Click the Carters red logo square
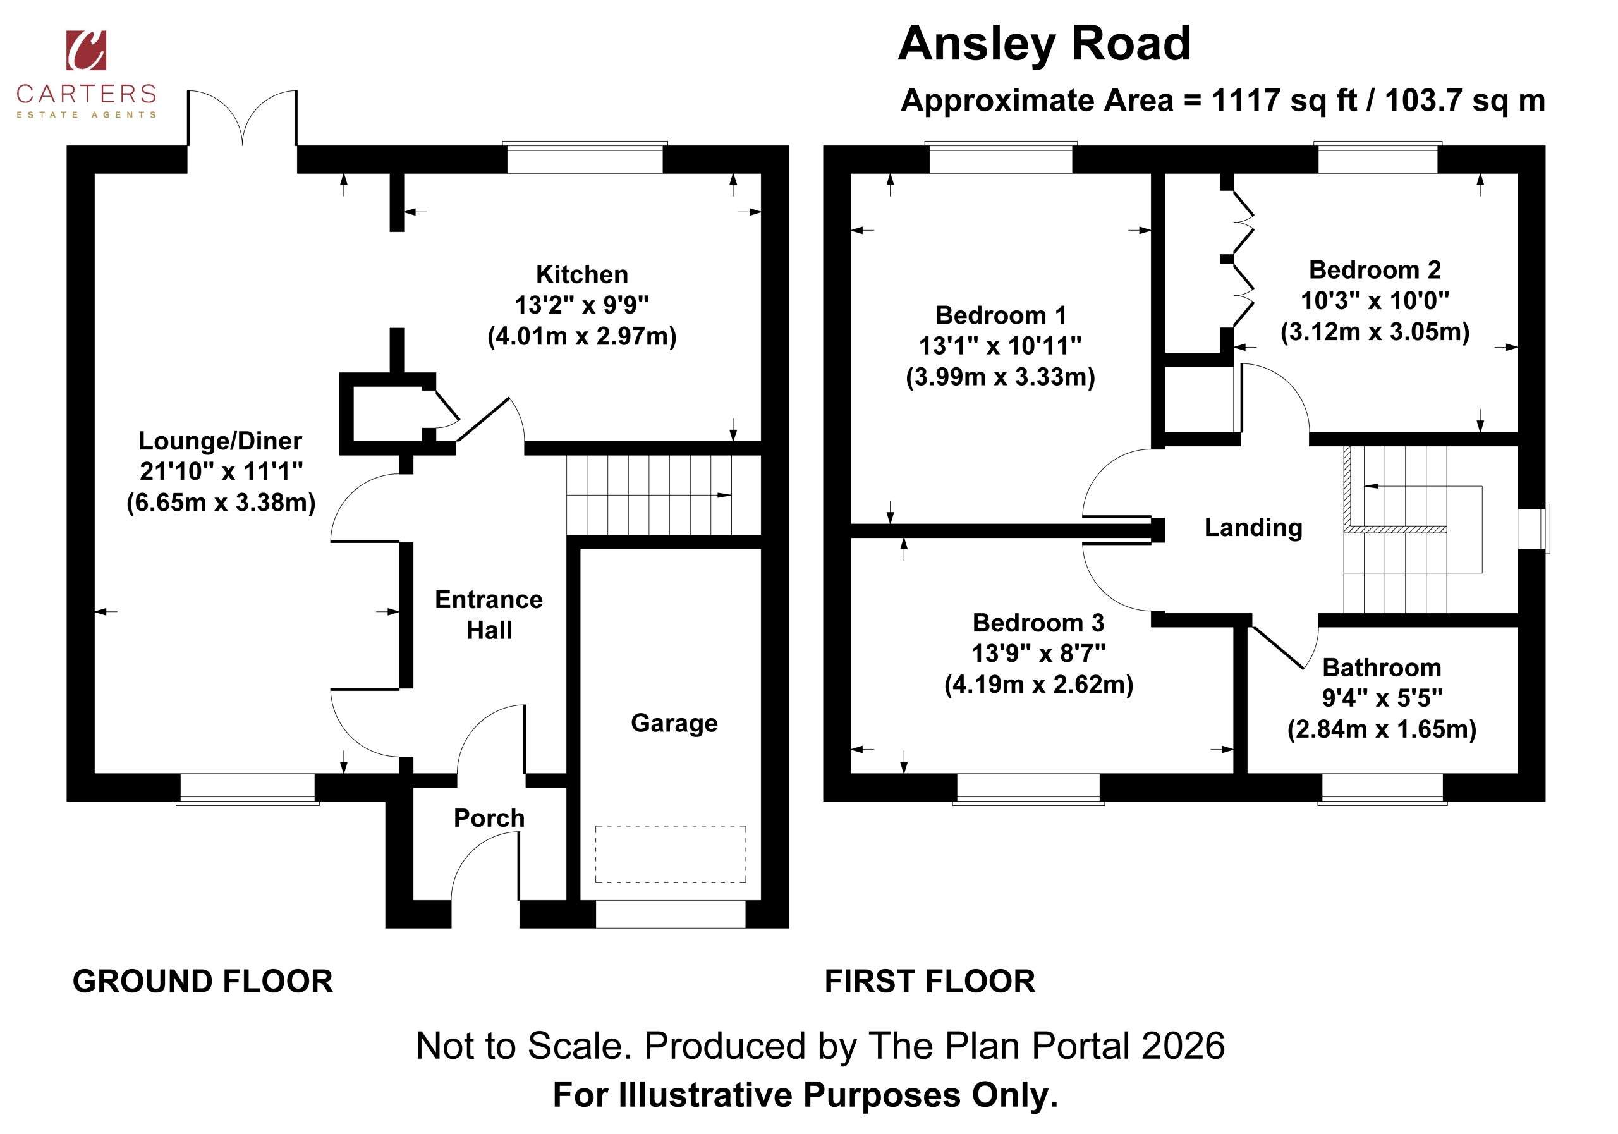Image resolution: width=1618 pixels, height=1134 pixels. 86,50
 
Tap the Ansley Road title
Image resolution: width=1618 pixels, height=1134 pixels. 1043,44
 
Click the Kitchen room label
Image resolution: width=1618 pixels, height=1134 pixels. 581,274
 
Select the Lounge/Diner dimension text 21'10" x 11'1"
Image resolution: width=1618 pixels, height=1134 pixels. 221,471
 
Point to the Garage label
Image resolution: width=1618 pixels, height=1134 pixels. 674,723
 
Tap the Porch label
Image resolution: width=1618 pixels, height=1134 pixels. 489,817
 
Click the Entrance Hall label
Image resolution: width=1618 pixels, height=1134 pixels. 489,614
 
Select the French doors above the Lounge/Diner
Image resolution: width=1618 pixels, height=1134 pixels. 243,118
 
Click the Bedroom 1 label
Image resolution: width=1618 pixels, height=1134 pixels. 1001,315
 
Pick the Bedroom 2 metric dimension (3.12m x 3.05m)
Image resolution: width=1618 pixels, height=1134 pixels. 1375,331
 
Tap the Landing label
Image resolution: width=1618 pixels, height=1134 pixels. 1253,528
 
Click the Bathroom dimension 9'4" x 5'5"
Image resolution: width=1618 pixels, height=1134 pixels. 1382,698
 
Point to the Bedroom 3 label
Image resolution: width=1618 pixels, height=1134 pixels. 1038,623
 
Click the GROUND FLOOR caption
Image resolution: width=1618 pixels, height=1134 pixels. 203,982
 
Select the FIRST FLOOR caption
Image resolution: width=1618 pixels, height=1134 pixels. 930,982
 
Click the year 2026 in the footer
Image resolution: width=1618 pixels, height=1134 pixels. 1183,1046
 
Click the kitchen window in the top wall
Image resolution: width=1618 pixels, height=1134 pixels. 585,158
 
